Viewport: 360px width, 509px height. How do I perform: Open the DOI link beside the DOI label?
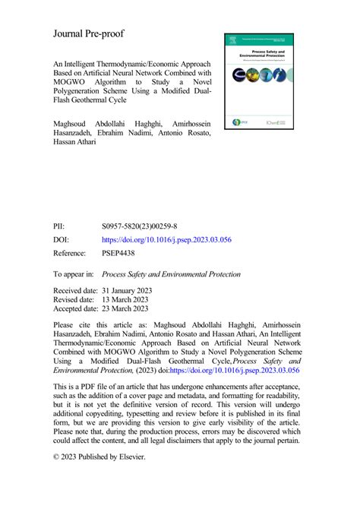pos(166,239)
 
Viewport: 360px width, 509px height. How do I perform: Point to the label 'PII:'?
pos(59,226)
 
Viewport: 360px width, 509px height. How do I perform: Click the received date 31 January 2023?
pos(135,291)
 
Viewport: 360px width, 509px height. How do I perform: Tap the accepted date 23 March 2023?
pos(132,309)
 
